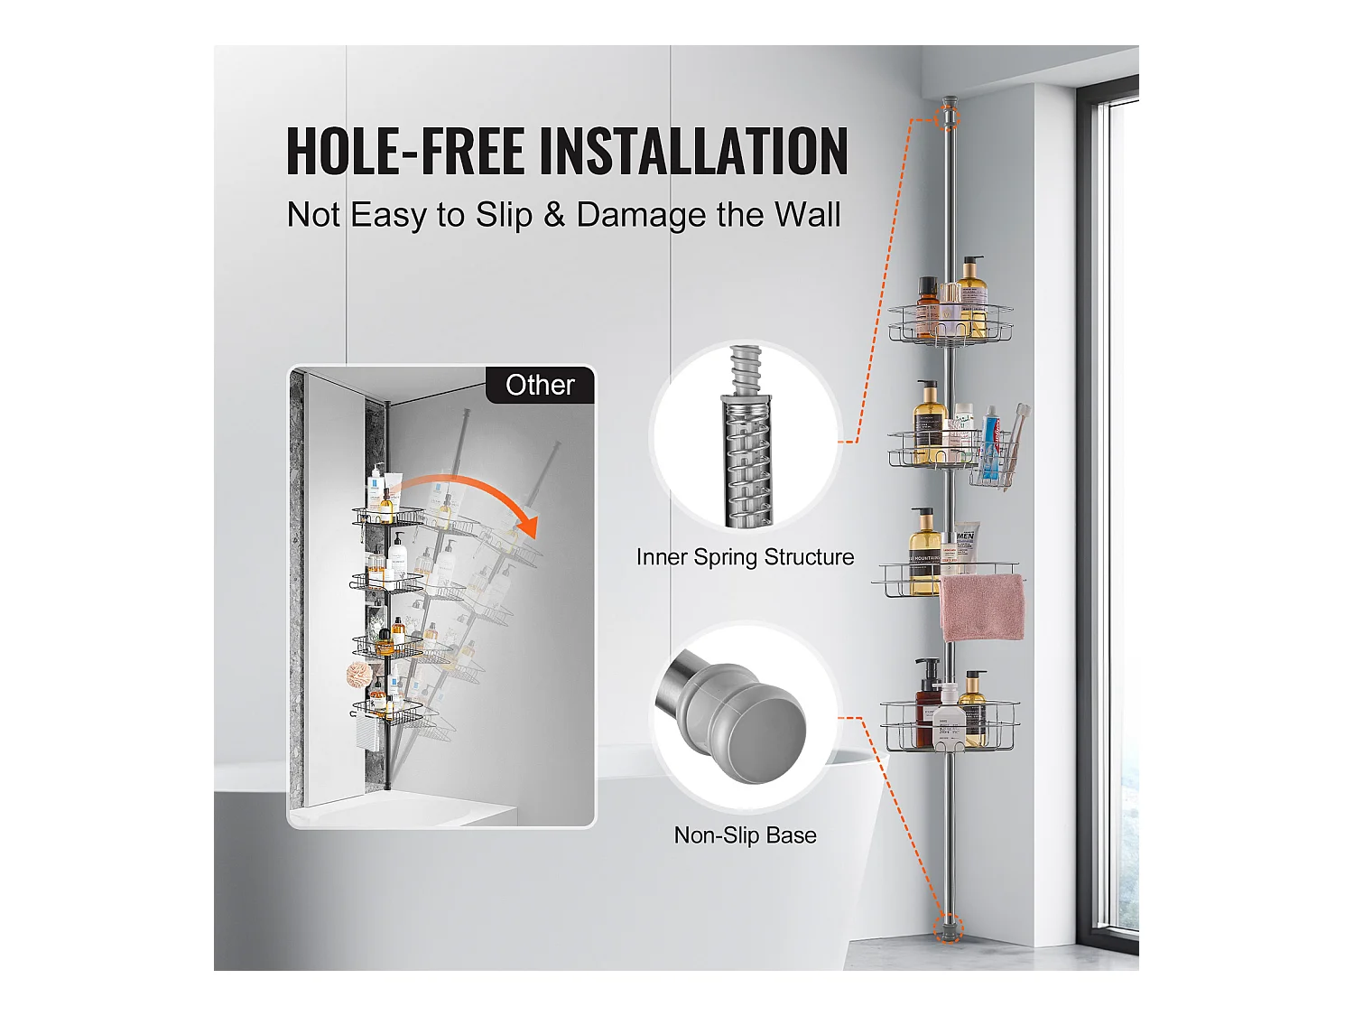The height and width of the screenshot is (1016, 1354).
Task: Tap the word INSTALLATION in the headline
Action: coord(694,151)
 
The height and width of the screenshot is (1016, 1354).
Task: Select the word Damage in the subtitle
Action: coord(641,216)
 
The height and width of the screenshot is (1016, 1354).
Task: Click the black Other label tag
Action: coord(540,386)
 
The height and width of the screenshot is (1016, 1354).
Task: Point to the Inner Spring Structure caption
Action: coord(745,557)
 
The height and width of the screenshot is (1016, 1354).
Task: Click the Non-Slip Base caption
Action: coord(745,835)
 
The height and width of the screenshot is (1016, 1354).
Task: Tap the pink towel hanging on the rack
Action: coord(982,607)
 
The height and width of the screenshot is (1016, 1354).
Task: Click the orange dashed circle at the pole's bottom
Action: coord(948,927)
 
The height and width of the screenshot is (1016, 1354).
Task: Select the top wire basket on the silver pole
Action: coord(950,323)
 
